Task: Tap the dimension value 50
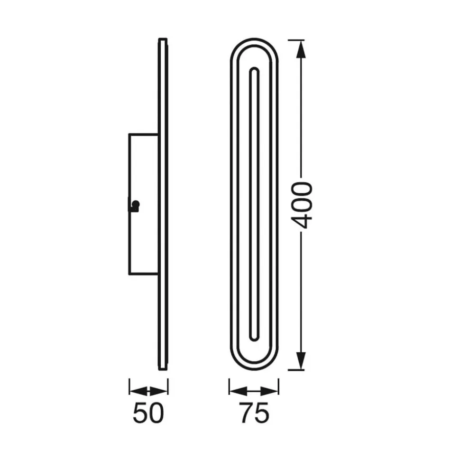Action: (148, 413)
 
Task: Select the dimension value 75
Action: (254, 413)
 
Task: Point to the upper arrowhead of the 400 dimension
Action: (301, 49)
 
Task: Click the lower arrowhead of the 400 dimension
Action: (301, 361)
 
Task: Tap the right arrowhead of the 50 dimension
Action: (158, 391)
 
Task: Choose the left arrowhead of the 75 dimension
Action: (239, 391)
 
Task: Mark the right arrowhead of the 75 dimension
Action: (269, 391)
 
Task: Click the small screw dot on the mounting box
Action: (136, 204)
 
